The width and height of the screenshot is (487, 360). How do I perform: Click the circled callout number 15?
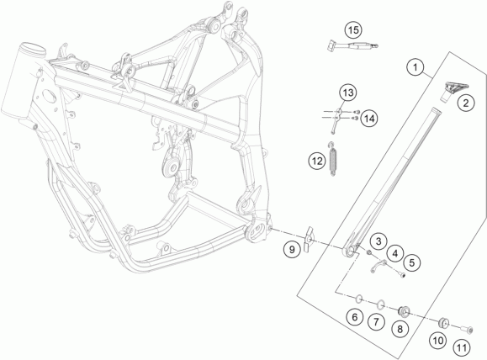pyautogui.click(x=353, y=30)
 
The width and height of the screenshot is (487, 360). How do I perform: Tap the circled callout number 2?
pyautogui.click(x=466, y=102)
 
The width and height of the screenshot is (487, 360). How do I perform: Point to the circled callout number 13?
pyautogui.click(x=348, y=93)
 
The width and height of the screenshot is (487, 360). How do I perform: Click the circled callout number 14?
pyautogui.click(x=369, y=119)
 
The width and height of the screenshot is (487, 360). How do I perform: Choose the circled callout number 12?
pyautogui.click(x=317, y=161)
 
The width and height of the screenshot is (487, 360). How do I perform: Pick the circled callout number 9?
pyautogui.click(x=292, y=249)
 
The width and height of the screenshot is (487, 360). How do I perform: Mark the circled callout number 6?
pyautogui.click(x=355, y=317)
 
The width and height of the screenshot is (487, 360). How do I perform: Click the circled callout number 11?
pyautogui.click(x=462, y=347)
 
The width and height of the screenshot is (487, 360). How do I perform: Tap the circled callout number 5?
pyautogui.click(x=412, y=262)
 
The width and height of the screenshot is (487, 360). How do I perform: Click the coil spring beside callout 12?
pyautogui.click(x=333, y=159)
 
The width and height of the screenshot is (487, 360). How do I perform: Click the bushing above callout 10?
pyautogui.click(x=443, y=322)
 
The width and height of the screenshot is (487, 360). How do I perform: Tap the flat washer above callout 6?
pyautogui.click(x=358, y=299)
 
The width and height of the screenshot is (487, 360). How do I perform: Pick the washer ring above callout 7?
pyautogui.click(x=381, y=304)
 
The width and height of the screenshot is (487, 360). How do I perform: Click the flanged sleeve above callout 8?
pyautogui.click(x=404, y=311)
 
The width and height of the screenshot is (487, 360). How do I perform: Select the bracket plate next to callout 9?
pyautogui.click(x=309, y=239)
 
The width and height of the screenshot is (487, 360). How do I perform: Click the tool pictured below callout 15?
pyautogui.click(x=352, y=46)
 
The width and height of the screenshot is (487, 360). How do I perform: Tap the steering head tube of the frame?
pyautogui.click(x=23, y=82)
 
